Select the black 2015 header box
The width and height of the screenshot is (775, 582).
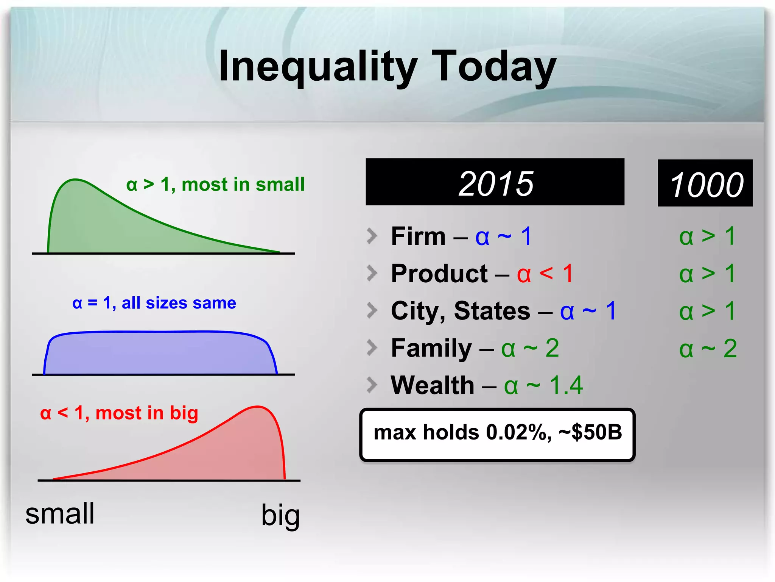[x=495, y=182]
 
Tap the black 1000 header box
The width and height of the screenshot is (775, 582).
[x=705, y=183]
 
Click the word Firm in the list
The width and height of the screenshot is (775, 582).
[x=418, y=236]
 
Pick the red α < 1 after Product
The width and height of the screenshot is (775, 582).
[x=545, y=274]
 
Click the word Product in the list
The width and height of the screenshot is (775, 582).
[x=439, y=274]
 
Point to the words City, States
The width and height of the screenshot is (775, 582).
[x=460, y=311]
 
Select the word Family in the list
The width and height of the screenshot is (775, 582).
[x=431, y=348]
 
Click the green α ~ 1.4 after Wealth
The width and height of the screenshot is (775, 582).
[x=543, y=385]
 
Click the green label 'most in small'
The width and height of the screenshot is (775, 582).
[x=243, y=185]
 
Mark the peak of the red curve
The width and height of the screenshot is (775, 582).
[x=257, y=407]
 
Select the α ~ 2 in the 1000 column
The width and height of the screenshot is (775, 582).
[x=708, y=348]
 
